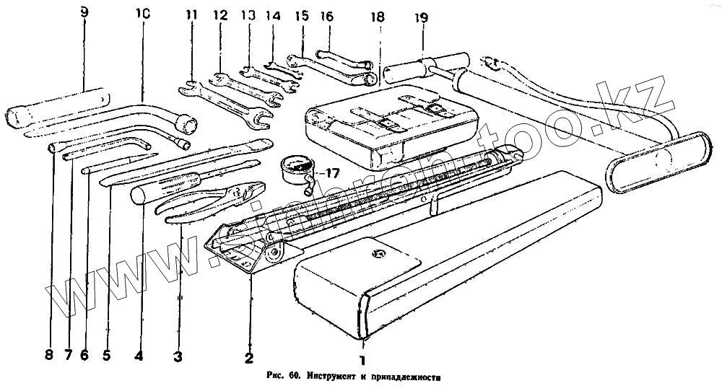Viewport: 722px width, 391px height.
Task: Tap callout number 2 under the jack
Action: tap(248, 356)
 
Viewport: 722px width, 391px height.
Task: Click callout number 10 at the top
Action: tap(142, 14)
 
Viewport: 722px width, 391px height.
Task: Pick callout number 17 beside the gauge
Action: tap(332, 173)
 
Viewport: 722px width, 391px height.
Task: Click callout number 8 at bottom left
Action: tap(48, 355)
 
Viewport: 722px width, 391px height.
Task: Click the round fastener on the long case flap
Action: tap(375, 253)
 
